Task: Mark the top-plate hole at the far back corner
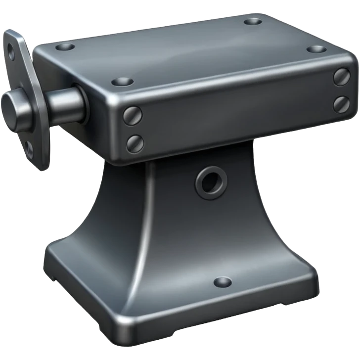coord(253,22)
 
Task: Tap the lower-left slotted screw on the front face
coord(135,143)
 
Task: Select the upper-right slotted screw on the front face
coord(342,76)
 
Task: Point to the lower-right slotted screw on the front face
coord(342,103)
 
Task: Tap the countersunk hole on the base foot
coord(222,282)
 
